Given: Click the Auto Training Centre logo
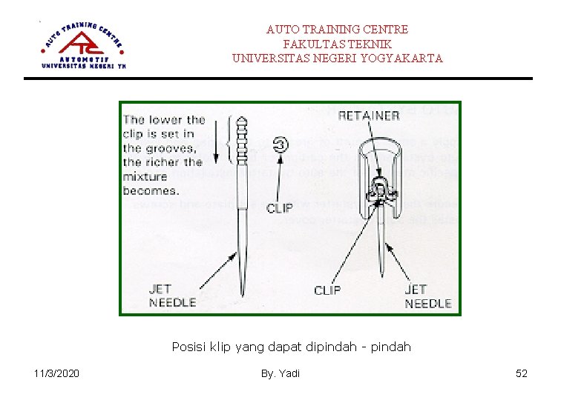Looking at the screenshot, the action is pyautogui.click(x=84, y=44).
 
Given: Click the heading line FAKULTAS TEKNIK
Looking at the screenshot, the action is pyautogui.click(x=337, y=44).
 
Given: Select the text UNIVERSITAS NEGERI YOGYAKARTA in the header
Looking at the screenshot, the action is pyautogui.click(x=337, y=58).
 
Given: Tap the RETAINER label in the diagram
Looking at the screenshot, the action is pyautogui.click(x=369, y=116).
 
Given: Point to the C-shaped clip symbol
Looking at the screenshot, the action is pyautogui.click(x=280, y=145).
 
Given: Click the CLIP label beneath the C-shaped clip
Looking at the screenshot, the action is pyautogui.click(x=279, y=208).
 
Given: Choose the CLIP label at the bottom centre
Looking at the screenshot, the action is pyautogui.click(x=327, y=290).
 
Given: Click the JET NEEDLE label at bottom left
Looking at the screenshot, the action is pyautogui.click(x=172, y=296).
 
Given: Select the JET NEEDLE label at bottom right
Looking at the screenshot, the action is pyautogui.click(x=427, y=296).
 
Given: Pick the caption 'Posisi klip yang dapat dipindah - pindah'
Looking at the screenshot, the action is pyautogui.click(x=291, y=347).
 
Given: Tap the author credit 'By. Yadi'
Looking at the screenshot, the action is pyautogui.click(x=280, y=373).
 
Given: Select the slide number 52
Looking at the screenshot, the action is pyautogui.click(x=522, y=373).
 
